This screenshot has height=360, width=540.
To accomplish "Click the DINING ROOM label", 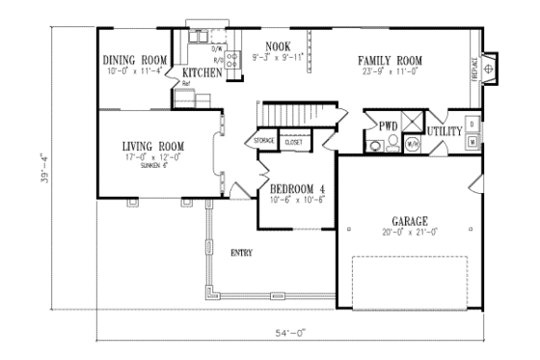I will pyautogui.click(x=135, y=60).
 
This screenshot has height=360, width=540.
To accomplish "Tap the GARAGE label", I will pyautogui.click(x=409, y=220).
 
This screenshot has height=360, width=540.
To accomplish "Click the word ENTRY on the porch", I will pyautogui.click(x=242, y=253).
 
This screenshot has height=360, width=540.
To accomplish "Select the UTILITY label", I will pyautogui.click(x=445, y=129).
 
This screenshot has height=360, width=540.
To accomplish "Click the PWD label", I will pyautogui.click(x=389, y=126).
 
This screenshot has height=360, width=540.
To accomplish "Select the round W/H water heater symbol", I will pyautogui.click(x=412, y=145).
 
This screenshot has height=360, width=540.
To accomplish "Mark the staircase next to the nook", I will pyautogui.click(x=285, y=115).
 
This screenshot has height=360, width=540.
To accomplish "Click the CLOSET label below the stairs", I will pyautogui.click(x=293, y=142).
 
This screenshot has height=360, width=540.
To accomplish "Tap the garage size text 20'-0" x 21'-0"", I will pyautogui.click(x=409, y=232).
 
